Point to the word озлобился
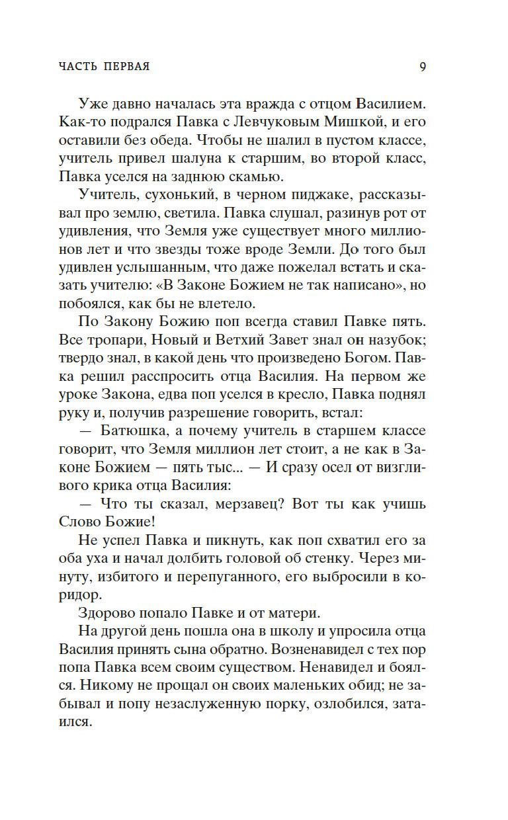[349, 704]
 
